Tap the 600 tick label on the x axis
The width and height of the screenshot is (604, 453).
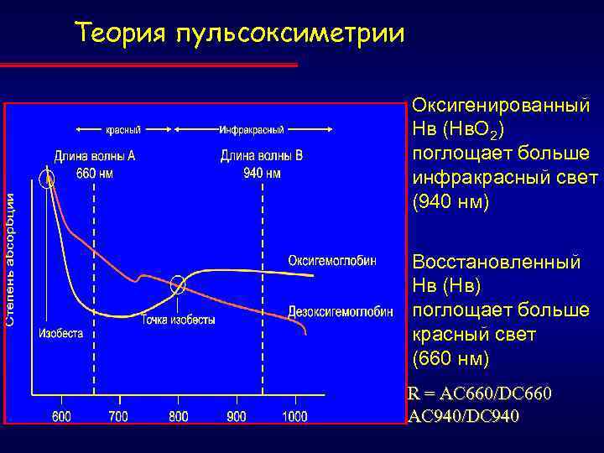click(61, 416)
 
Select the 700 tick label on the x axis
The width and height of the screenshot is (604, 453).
click(118, 416)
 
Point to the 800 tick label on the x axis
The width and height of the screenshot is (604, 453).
click(178, 416)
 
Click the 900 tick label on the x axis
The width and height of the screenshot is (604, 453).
click(236, 416)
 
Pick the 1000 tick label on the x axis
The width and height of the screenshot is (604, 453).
click(294, 416)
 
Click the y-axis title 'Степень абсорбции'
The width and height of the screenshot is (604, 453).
click(10, 260)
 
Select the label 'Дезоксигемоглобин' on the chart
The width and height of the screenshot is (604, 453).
click(341, 312)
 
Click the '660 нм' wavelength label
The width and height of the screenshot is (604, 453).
click(93, 174)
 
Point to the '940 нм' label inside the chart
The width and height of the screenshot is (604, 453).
click(262, 174)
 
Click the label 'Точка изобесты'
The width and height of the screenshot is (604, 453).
click(178, 320)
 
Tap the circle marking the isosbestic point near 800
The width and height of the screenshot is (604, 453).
click(178, 286)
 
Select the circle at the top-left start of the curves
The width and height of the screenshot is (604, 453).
click(49, 178)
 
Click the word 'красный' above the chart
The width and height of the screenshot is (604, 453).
click(122, 130)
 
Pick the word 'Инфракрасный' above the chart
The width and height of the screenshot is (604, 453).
click(251, 130)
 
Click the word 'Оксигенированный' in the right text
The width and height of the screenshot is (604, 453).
click(501, 108)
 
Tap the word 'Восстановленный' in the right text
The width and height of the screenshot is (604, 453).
click(496, 263)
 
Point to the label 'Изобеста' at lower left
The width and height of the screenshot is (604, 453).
click(60, 333)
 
